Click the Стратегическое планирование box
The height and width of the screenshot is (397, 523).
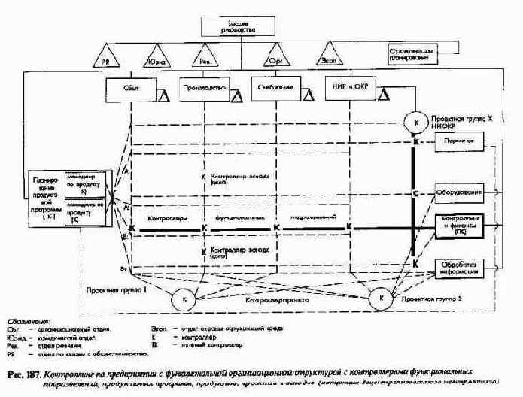click(x=412, y=53)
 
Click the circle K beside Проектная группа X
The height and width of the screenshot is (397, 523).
click(x=415, y=119)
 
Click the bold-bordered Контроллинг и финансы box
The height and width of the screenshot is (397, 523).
click(x=458, y=226)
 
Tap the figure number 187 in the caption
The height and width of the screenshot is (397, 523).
click(x=31, y=374)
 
